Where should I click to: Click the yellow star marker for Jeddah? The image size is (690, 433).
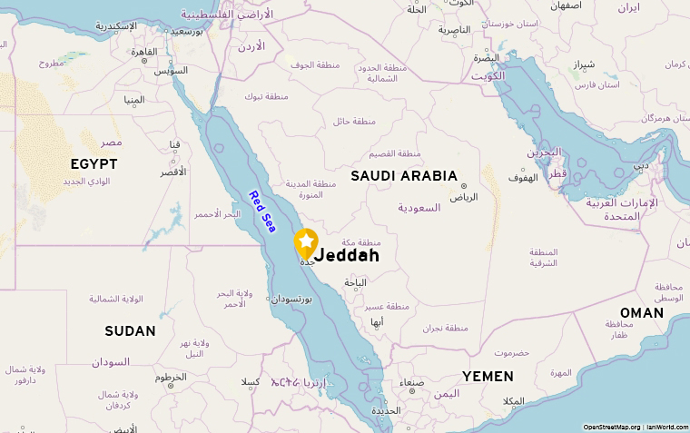point(306,241)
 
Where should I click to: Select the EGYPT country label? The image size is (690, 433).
point(94,163)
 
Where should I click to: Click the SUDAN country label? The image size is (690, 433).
point(130,330)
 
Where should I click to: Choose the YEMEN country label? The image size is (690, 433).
point(487,376)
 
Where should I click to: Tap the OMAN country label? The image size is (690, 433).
point(642,312)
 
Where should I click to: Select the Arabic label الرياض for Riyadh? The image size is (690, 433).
point(463,197)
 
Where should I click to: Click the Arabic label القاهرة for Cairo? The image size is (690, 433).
point(144,52)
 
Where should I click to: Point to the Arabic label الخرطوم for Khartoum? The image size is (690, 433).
point(172,376)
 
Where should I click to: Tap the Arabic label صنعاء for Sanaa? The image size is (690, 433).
point(412,381)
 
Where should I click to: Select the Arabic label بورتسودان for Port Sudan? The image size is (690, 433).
point(291,298)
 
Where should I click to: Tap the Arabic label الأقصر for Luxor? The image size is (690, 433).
point(172,172)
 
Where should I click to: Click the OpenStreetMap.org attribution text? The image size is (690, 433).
point(611,427)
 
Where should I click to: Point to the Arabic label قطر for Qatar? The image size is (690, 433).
point(557,173)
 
